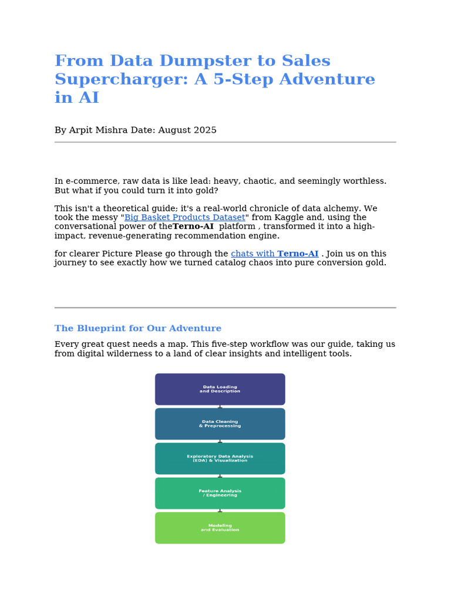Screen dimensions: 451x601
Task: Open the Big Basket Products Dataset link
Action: point(184,218)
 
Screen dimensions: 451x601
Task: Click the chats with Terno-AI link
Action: point(274,254)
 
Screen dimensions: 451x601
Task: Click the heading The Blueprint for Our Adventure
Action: point(138,329)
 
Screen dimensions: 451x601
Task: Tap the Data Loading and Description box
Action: point(220,389)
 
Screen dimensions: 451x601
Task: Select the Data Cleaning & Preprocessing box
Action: point(220,424)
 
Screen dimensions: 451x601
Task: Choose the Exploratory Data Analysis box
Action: point(220,458)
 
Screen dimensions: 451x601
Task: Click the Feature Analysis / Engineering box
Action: point(220,493)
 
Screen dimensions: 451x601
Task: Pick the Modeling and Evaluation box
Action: point(220,528)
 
